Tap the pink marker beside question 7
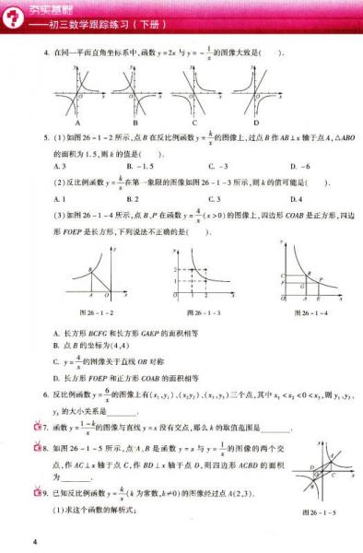point(37,428)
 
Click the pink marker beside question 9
point(37,494)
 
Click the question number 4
point(46,52)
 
